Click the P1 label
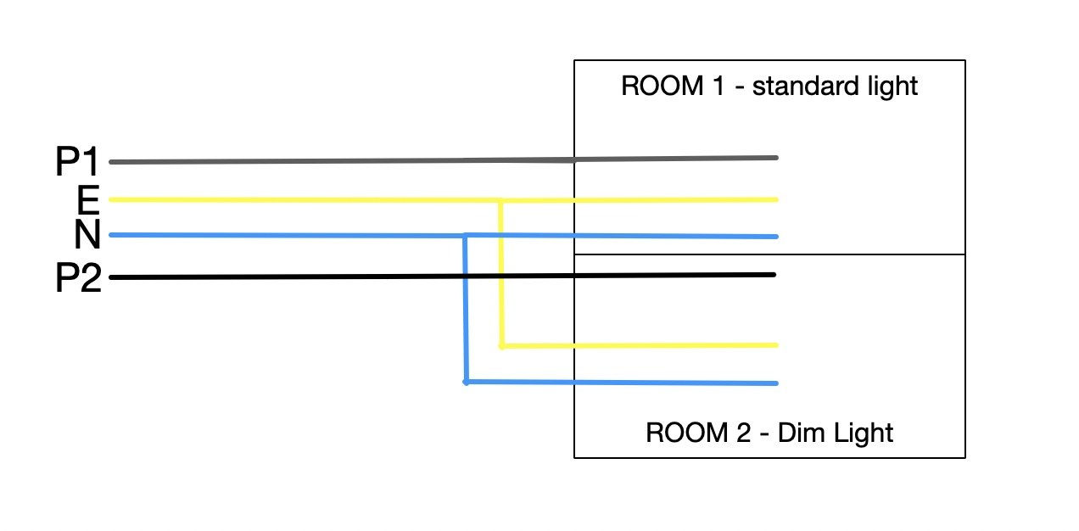coord(78,162)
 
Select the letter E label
coord(88,201)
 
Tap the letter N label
coord(87,235)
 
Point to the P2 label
coord(78,278)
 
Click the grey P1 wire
coord(339,160)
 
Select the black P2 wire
coord(339,277)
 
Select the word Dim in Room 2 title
coord(800,433)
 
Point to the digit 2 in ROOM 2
coord(743,433)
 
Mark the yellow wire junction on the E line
coord(500,201)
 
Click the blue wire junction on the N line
coord(466,235)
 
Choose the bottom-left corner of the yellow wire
coord(501,346)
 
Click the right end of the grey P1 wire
coord(775,158)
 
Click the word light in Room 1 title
coord(893,87)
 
